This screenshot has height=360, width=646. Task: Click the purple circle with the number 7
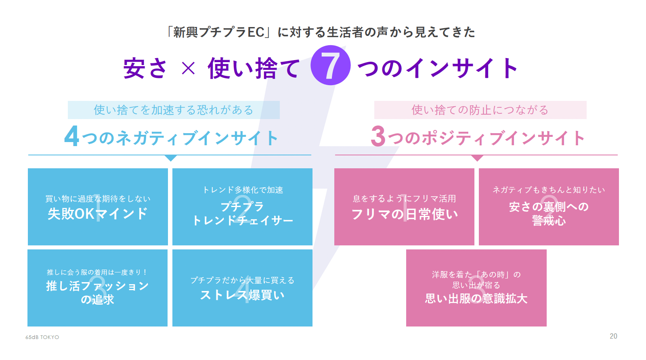[x=330, y=65]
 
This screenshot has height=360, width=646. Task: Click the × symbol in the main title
[x=188, y=68]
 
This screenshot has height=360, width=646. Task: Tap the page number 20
[x=613, y=336]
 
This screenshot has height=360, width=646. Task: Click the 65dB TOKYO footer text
[x=42, y=337]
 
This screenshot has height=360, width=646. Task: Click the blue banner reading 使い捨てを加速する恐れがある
[x=174, y=110]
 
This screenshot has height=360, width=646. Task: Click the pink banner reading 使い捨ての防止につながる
[x=480, y=110]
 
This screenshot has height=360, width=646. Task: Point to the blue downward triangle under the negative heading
[x=171, y=158]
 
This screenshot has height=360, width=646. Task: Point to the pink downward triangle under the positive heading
[x=477, y=158]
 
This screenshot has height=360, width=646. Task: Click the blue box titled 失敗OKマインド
[x=98, y=207]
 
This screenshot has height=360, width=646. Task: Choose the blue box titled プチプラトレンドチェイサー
[x=242, y=207]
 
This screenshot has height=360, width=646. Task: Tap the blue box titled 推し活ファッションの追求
[x=97, y=288]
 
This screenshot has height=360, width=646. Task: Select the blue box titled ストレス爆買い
[x=242, y=288]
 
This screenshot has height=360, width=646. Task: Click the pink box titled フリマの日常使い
[x=404, y=207]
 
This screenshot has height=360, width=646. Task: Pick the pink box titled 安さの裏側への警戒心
[x=549, y=207]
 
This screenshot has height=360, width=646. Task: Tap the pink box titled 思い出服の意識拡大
[x=476, y=288]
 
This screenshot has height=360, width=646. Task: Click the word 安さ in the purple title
[x=145, y=68]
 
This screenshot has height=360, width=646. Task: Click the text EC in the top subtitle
[x=256, y=32]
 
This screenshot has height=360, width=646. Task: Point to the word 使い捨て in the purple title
[x=254, y=68]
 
